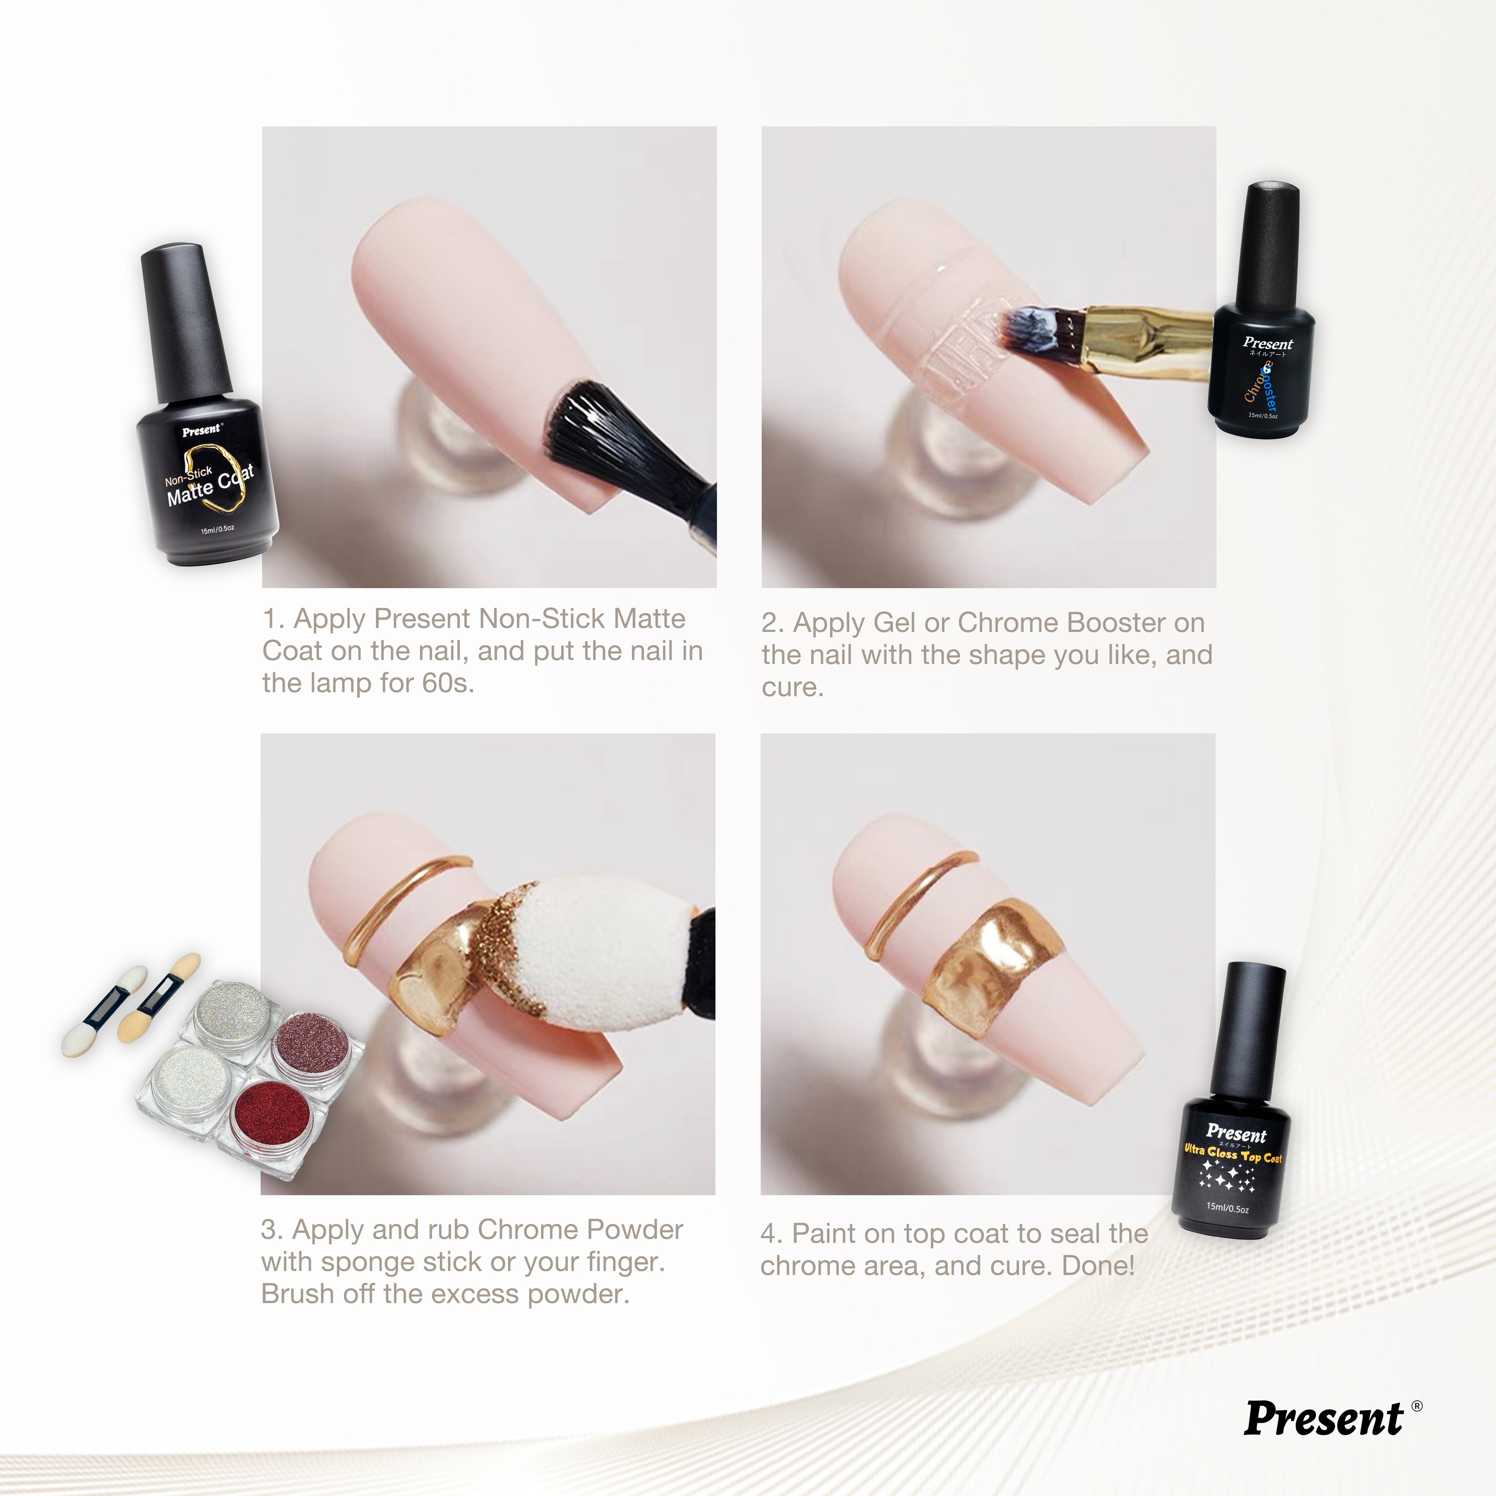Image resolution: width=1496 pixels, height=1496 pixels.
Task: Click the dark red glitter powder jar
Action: point(271,1115)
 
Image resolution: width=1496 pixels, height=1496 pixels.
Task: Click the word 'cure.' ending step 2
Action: point(792,688)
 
